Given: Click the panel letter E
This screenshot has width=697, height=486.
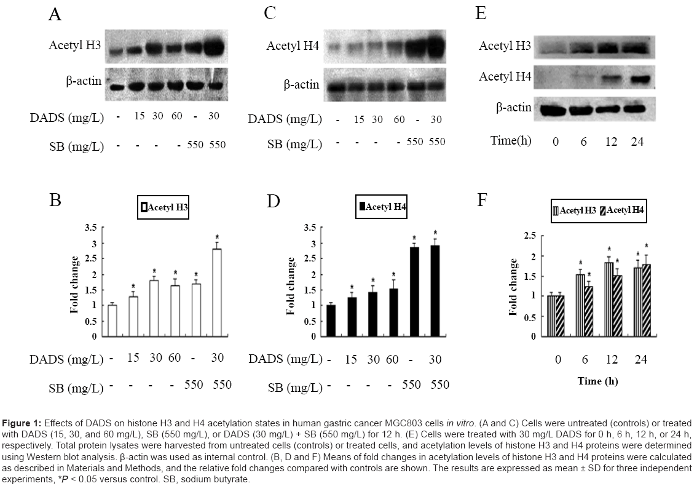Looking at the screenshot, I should coord(480,13).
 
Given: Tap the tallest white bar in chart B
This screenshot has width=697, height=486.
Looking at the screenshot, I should coord(217,292).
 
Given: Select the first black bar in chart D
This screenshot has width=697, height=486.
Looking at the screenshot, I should coord(331,321).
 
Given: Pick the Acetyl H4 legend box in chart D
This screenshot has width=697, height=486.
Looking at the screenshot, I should coord(382,207).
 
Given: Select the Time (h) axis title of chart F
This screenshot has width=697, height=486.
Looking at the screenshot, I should coord(597,381).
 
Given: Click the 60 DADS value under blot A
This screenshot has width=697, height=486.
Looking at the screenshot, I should coord(177,116).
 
